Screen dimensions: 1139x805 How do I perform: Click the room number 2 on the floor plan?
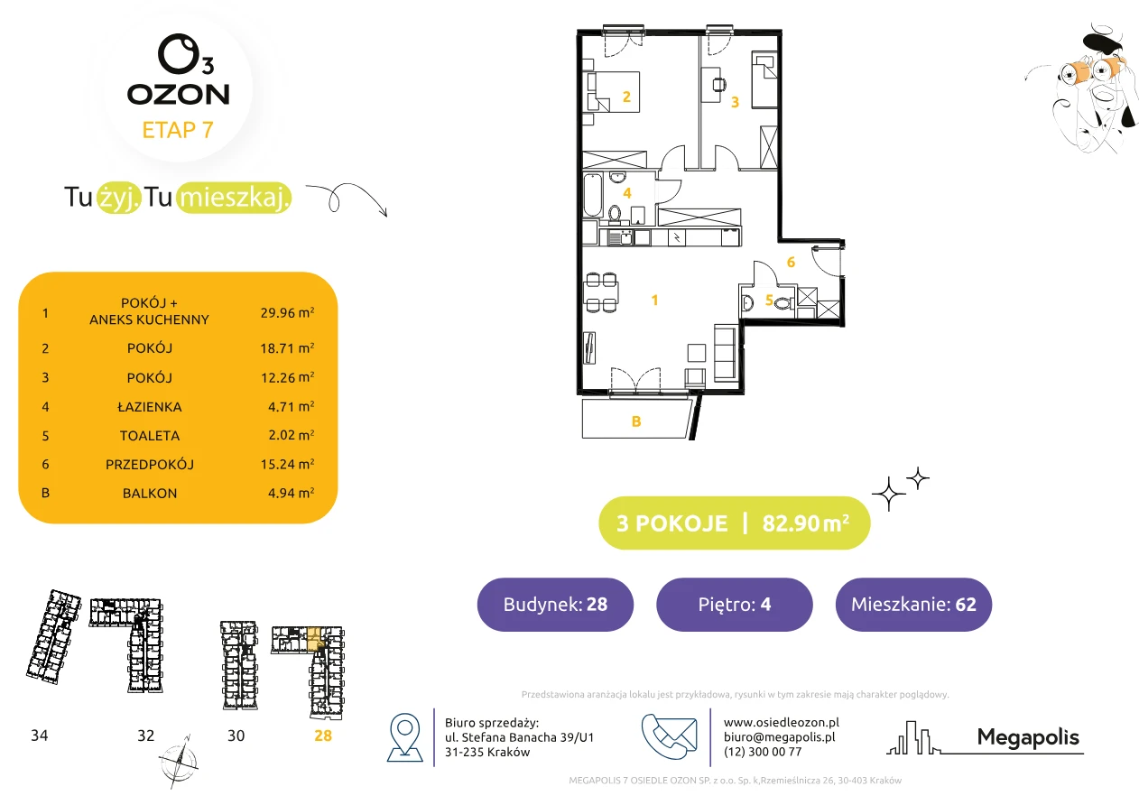coord(626,97)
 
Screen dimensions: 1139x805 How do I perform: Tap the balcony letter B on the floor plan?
coord(636,421)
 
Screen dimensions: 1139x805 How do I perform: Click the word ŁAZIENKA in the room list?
coord(150,406)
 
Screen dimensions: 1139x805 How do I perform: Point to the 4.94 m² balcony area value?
coord(291,492)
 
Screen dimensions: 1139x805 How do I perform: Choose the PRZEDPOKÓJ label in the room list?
coord(150,464)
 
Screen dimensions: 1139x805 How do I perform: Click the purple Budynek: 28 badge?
coord(555,604)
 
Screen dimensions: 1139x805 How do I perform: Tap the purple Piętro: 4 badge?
coord(735,604)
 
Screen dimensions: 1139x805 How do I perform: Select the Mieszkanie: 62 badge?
coord(913,604)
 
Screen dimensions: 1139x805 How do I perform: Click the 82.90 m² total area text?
coord(805,523)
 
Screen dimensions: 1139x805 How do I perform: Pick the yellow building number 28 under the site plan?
coord(323,736)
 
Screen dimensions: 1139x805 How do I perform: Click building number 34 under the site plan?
coord(39,736)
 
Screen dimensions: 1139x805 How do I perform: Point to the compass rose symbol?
coord(178,762)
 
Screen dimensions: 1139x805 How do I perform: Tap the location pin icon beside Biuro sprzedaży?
coord(404,736)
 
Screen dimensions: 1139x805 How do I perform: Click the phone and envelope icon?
coord(669,736)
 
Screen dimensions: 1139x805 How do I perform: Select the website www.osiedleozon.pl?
coord(781,722)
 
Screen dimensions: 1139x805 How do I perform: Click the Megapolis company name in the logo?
coord(1028,737)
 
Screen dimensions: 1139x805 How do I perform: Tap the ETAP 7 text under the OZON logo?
coord(178,130)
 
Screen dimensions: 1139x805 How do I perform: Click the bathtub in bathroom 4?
coord(593,195)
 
